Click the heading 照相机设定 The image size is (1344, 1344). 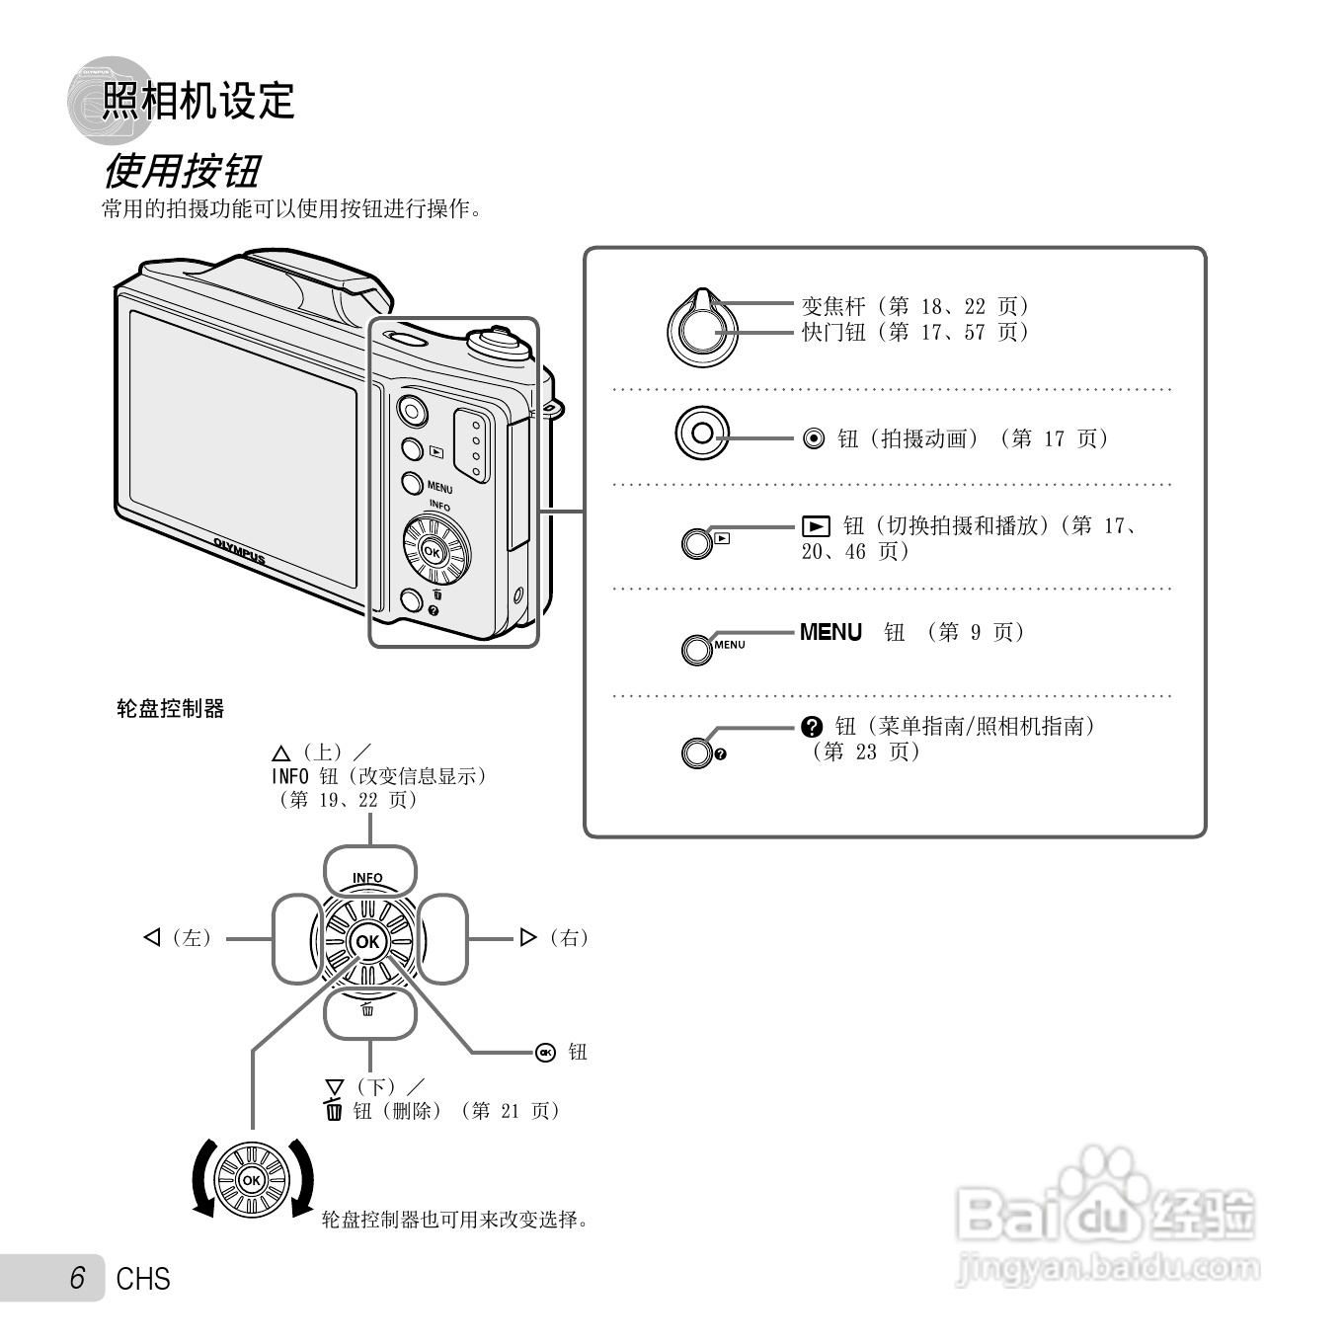click(x=198, y=101)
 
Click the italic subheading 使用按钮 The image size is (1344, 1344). click(x=182, y=171)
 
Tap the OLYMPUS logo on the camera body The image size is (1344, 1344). click(x=239, y=551)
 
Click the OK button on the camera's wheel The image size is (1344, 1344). click(x=433, y=553)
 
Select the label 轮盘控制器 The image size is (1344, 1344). click(x=171, y=708)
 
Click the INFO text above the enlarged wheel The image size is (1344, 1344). click(x=367, y=877)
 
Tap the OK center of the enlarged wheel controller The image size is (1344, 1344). click(x=367, y=941)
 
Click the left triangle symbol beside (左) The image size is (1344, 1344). click(x=152, y=937)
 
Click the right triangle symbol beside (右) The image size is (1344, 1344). click(x=528, y=937)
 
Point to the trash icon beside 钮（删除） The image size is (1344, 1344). click(x=334, y=1110)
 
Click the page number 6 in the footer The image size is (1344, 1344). click(x=77, y=1278)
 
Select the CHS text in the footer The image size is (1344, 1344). click(x=143, y=1279)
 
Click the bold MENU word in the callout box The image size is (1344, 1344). click(x=830, y=632)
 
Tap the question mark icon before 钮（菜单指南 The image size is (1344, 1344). click(x=812, y=727)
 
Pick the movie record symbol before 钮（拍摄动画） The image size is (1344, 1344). click(x=814, y=438)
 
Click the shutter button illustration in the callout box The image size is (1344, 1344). click(x=702, y=330)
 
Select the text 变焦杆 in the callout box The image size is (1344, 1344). click(x=832, y=306)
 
